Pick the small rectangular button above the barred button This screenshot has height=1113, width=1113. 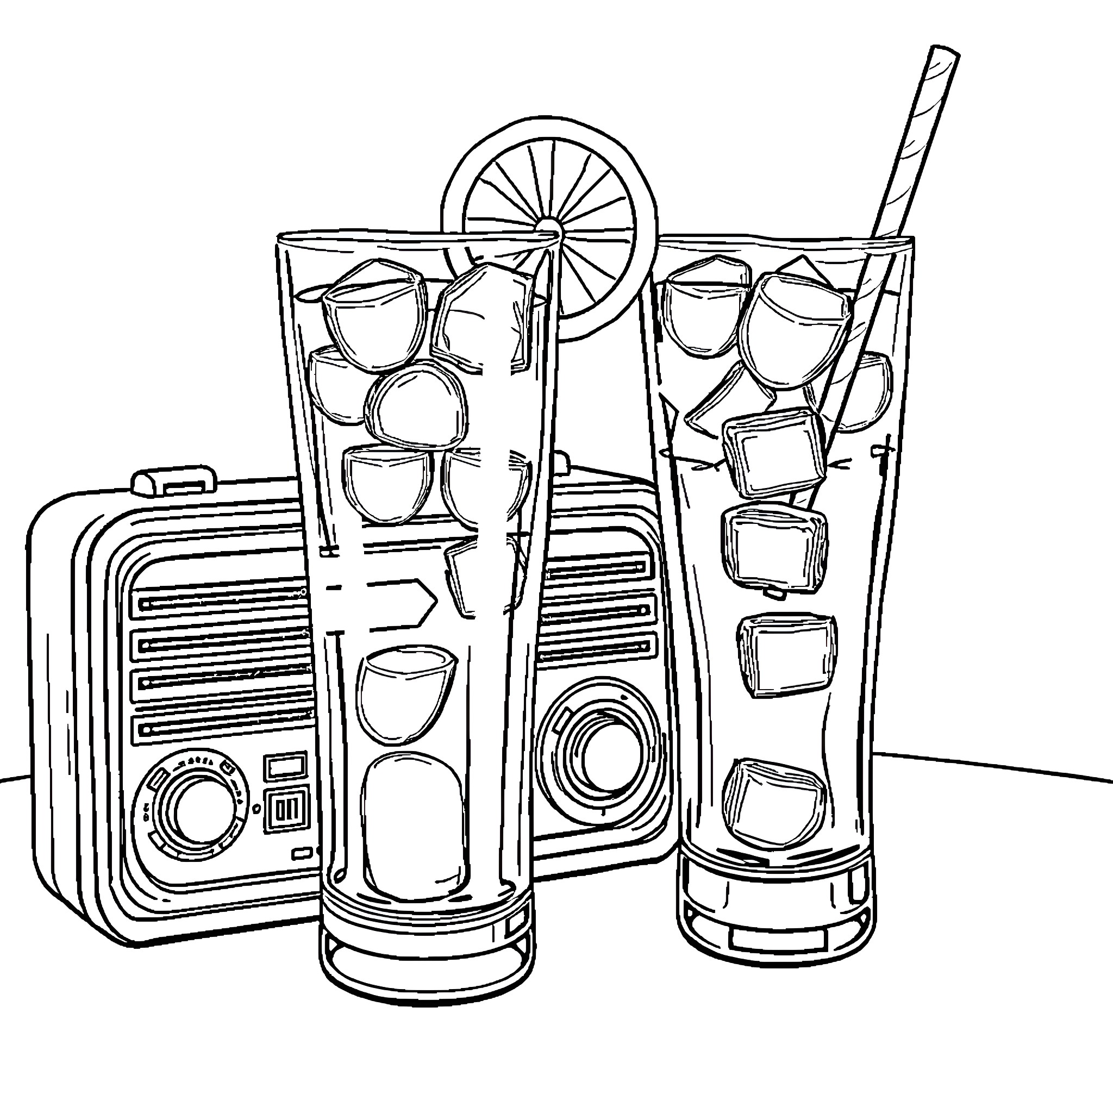(286, 766)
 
